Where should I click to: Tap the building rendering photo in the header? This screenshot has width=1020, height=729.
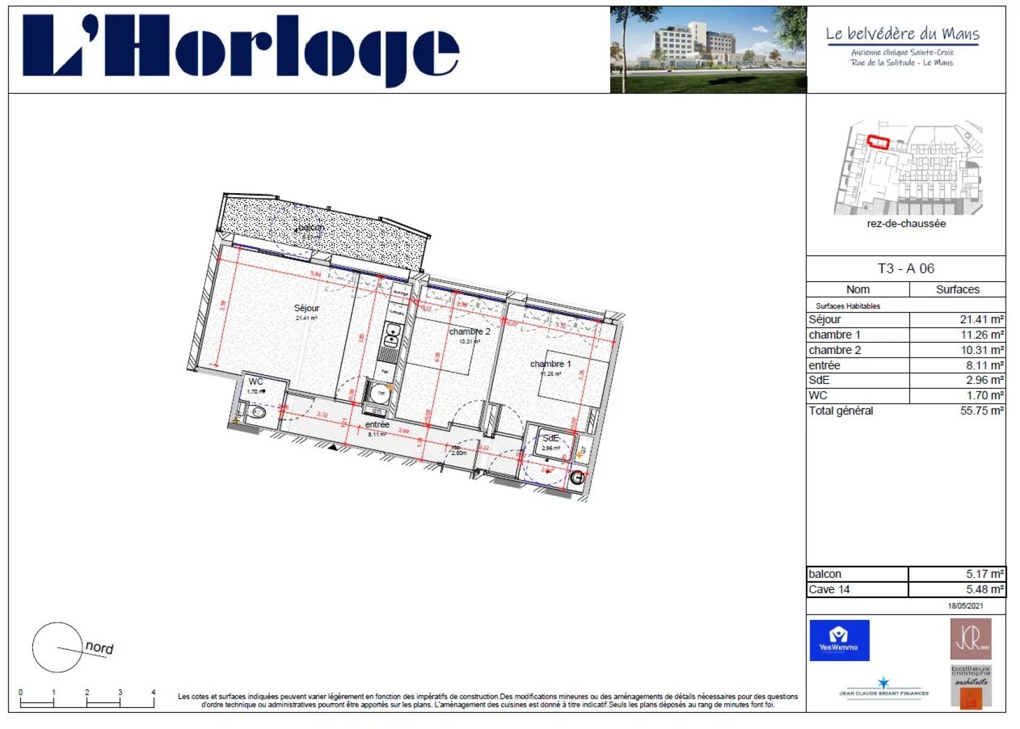(708, 50)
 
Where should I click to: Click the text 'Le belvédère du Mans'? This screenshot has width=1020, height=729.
(902, 34)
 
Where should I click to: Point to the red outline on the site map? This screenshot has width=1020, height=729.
(878, 142)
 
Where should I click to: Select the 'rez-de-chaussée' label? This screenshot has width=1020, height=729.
(906, 224)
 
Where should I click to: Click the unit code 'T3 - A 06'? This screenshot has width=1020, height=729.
(905, 268)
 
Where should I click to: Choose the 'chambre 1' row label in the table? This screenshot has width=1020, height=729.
(835, 335)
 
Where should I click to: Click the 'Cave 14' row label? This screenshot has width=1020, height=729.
(829, 589)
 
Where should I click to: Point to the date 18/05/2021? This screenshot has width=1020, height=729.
(965, 606)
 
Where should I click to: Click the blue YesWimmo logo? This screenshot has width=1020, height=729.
(839, 640)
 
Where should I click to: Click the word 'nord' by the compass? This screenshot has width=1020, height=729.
(99, 647)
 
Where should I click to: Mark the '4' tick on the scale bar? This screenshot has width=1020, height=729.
(153, 693)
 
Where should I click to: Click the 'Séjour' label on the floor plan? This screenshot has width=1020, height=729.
(307, 308)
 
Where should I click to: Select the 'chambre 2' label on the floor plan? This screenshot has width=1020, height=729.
(469, 331)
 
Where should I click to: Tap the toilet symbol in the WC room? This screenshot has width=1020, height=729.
(259, 412)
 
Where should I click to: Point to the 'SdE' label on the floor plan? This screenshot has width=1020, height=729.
(550, 438)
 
